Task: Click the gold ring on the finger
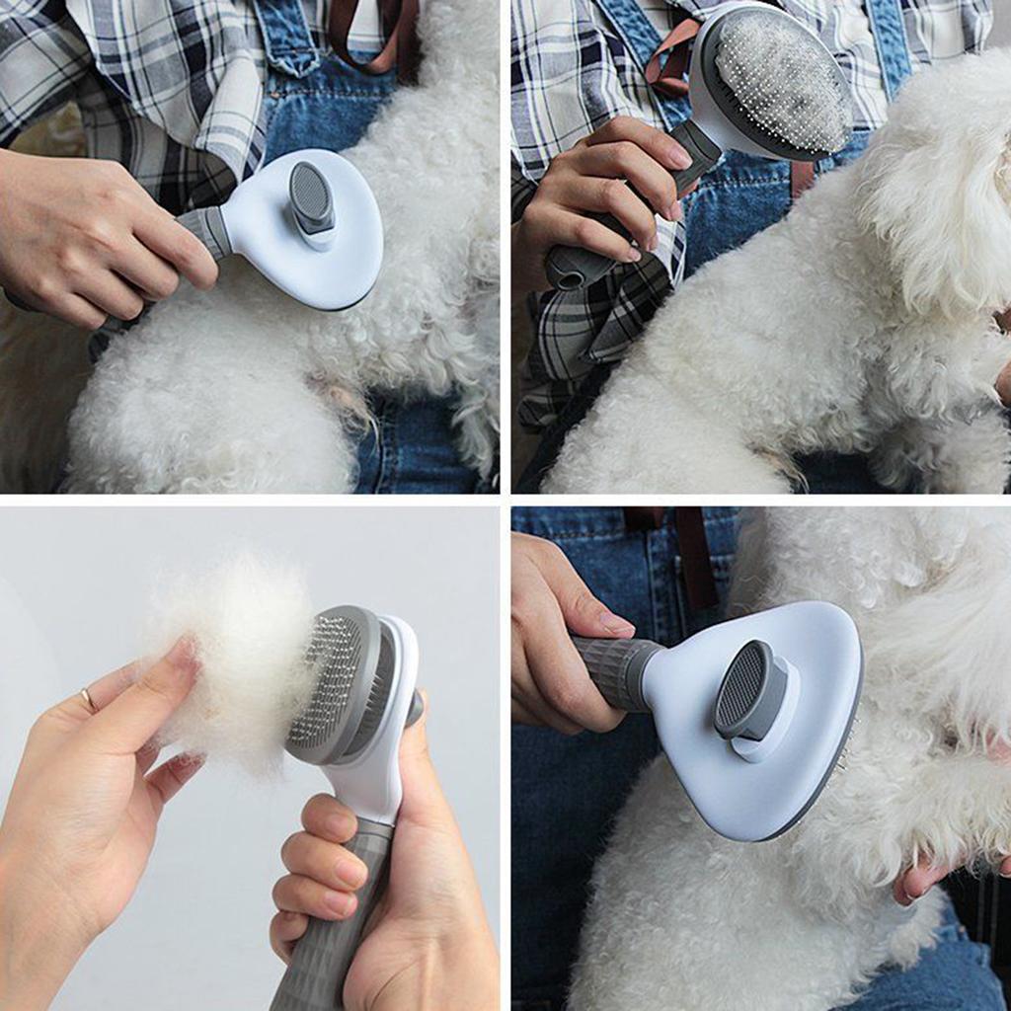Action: pos(88,699)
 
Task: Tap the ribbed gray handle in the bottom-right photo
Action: pos(618,671)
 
